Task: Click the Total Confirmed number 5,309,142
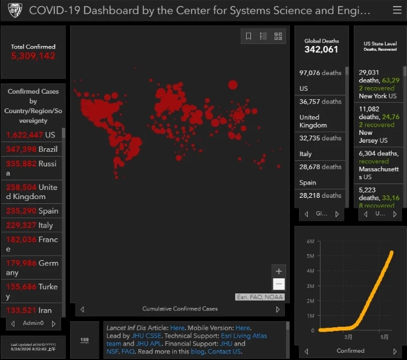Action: [33, 56]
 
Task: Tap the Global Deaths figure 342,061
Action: [321, 50]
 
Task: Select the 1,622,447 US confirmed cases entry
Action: [30, 136]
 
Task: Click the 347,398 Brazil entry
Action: [31, 149]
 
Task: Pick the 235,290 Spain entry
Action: [32, 211]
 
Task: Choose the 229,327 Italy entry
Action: [30, 226]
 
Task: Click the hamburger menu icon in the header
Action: [397, 10]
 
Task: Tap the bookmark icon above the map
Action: [249, 36]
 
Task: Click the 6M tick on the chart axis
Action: [310, 241]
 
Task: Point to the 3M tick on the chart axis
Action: [310, 286]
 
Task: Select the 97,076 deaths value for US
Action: [321, 73]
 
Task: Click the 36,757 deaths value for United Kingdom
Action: [321, 102]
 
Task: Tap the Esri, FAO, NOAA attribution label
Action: [259, 297]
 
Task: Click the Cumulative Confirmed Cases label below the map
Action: [180, 309]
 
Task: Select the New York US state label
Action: [377, 96]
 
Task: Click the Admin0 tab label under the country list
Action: [33, 323]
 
